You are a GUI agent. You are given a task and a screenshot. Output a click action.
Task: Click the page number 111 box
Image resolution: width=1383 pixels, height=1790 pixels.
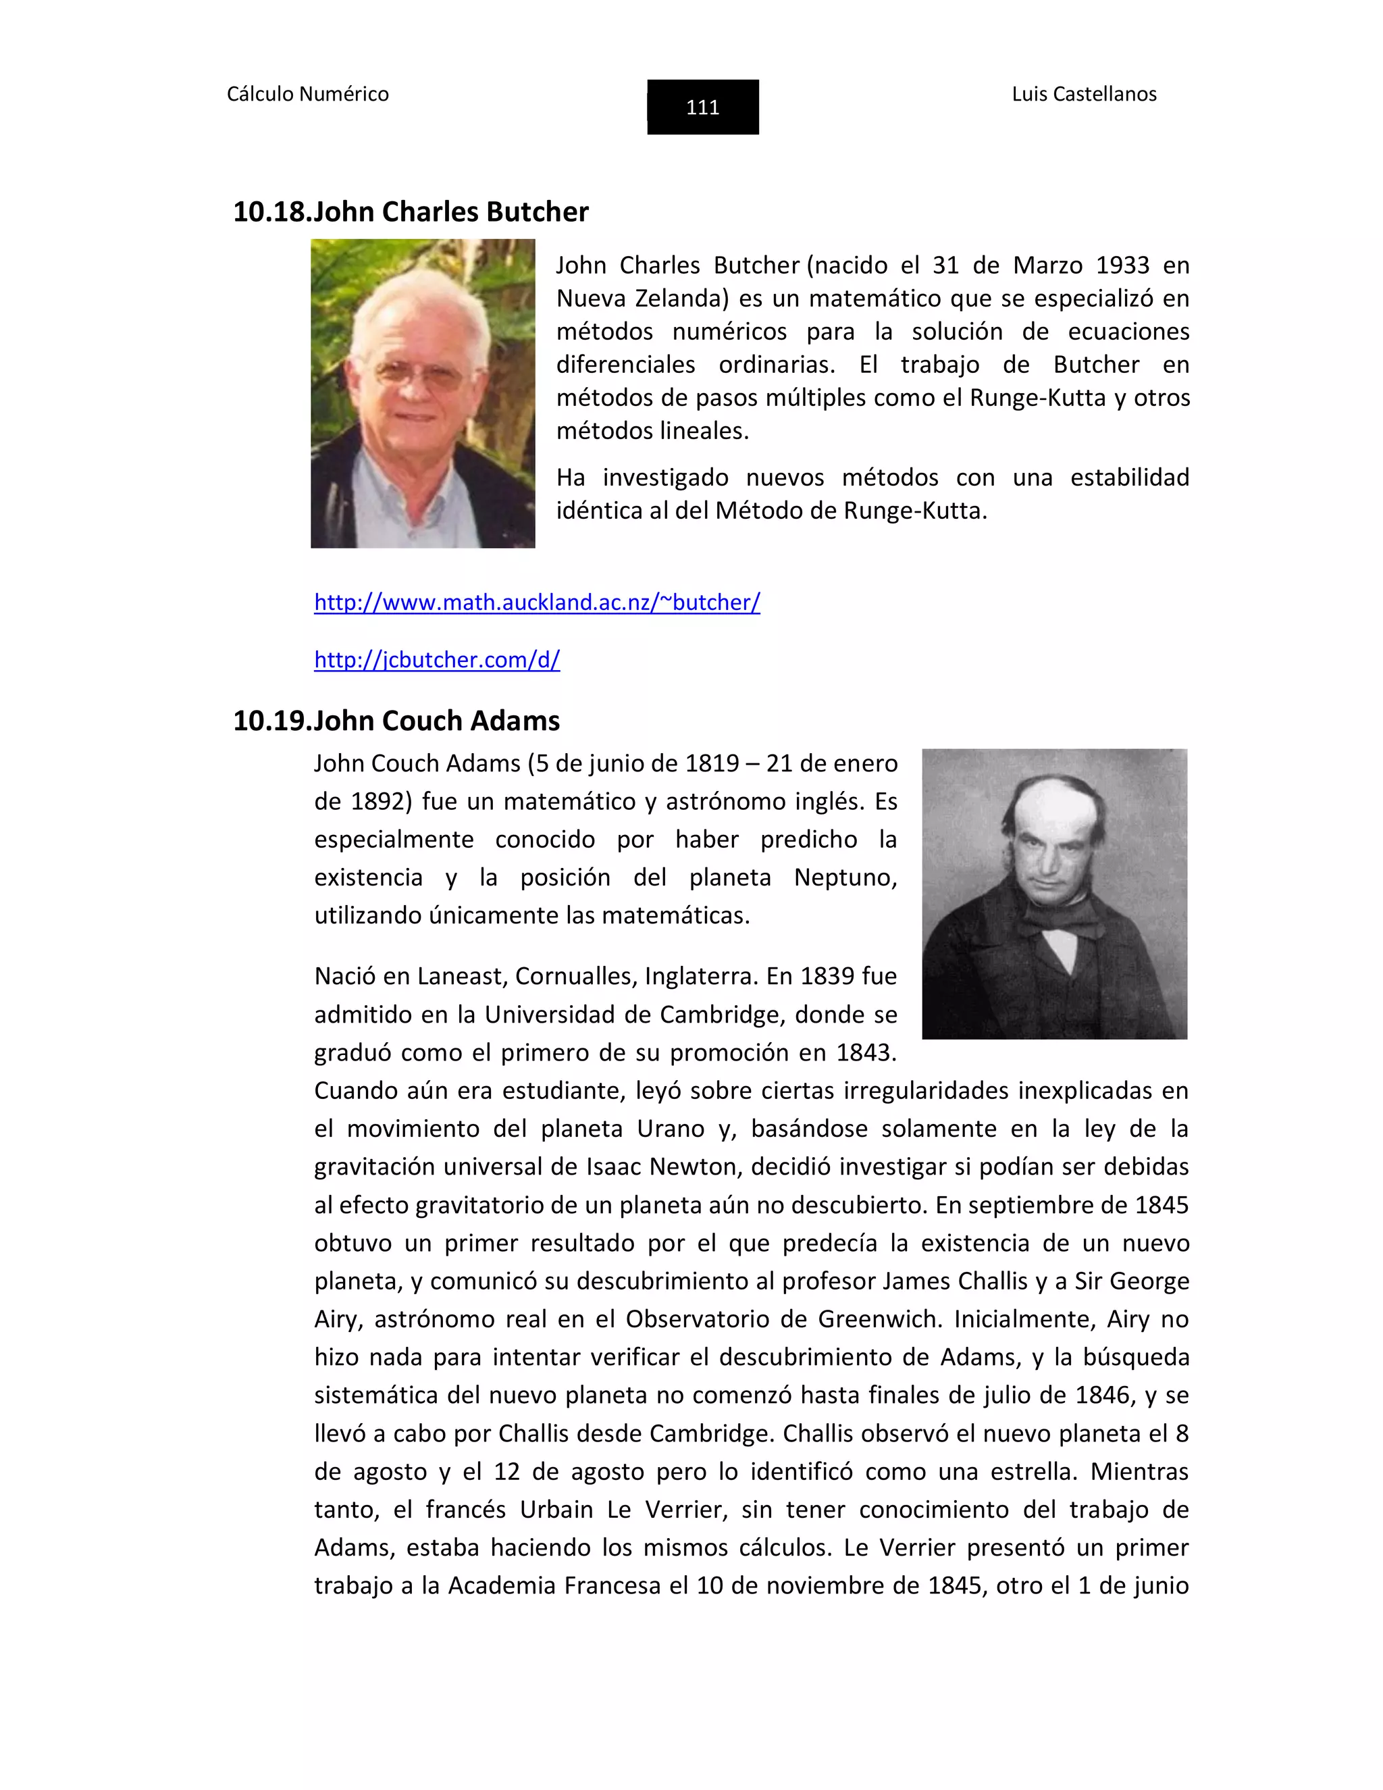click(702, 107)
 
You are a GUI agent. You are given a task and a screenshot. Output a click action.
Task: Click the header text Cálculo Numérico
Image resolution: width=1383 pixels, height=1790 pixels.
click(307, 95)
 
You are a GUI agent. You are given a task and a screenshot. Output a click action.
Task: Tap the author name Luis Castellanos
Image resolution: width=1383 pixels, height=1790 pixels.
click(1083, 95)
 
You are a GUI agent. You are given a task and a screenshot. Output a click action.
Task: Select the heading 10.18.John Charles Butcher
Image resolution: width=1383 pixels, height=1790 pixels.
click(411, 211)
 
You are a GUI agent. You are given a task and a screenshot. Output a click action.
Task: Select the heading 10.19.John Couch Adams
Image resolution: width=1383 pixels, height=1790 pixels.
click(396, 721)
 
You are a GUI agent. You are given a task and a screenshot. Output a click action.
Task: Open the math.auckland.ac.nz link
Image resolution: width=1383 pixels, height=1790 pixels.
click(537, 603)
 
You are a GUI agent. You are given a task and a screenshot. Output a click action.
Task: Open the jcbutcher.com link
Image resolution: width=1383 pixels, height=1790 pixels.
click(437, 660)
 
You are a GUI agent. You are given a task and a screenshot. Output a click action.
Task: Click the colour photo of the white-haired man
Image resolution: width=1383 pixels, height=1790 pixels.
click(423, 393)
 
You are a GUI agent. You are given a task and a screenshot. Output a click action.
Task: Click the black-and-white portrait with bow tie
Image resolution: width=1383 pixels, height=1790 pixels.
click(1053, 894)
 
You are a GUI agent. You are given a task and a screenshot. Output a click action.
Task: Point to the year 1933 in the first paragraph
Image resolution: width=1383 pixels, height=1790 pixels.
click(1122, 265)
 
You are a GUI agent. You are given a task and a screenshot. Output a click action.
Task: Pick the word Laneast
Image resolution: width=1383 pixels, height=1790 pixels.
click(461, 976)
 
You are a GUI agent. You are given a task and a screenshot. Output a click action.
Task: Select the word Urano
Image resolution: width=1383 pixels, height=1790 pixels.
click(670, 1129)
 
